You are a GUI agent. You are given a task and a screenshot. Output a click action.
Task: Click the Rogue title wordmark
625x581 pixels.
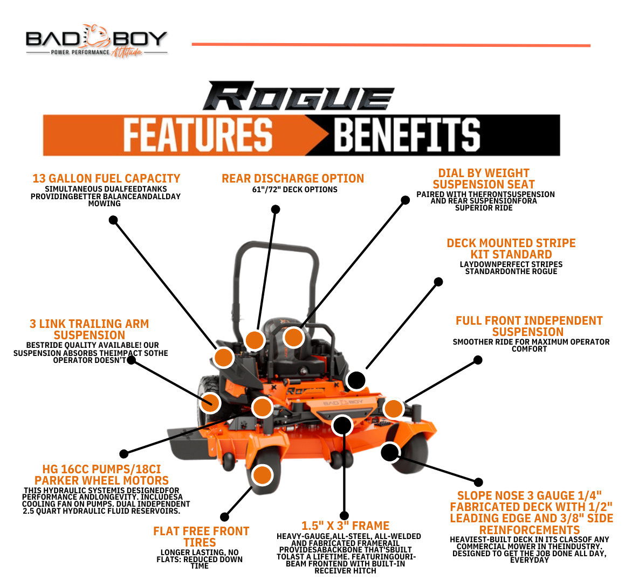tap(298, 97)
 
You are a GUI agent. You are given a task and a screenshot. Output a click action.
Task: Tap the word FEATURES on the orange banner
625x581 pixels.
tap(197, 135)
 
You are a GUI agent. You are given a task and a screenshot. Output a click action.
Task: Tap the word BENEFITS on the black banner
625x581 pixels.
tap(407, 135)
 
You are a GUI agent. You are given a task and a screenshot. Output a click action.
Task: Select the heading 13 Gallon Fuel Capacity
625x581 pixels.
tap(106, 178)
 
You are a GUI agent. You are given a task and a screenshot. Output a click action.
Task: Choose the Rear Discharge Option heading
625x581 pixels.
tap(293, 178)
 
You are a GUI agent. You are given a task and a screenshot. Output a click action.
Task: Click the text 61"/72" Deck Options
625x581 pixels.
tap(294, 190)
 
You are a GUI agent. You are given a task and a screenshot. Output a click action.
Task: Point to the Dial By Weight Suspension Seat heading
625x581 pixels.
tap(484, 179)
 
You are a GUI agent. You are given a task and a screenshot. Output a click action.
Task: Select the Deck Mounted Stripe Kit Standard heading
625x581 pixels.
tap(511, 249)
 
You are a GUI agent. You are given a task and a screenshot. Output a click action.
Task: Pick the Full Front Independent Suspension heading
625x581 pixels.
tap(528, 326)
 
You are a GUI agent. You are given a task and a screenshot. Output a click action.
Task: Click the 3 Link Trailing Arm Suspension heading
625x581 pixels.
tap(89, 329)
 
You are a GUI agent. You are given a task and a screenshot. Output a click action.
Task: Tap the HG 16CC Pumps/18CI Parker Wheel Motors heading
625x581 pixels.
tap(101, 474)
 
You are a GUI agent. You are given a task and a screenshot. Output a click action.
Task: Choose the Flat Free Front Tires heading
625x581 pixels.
tap(201, 537)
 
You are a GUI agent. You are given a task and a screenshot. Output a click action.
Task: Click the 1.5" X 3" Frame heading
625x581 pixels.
tap(345, 526)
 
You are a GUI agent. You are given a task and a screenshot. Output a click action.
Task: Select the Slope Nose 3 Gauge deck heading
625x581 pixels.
tap(531, 513)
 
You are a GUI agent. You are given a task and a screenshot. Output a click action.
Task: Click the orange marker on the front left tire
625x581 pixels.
tap(262, 475)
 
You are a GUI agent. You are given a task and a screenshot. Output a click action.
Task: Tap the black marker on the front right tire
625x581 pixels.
tap(389, 452)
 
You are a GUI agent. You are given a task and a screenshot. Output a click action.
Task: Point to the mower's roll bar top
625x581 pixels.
tap(275, 246)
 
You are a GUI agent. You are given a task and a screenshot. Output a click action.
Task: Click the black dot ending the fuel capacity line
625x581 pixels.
tap(113, 220)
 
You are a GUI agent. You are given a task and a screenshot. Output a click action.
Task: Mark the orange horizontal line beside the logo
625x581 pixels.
tap(391, 45)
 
